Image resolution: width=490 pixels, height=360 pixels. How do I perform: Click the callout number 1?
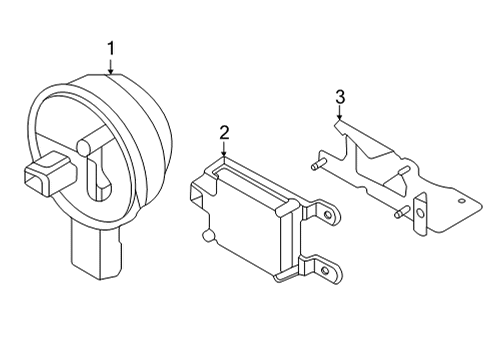[112, 47]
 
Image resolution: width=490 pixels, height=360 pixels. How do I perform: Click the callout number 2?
[225, 131]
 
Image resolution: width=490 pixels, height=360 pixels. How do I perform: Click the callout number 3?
[340, 97]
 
